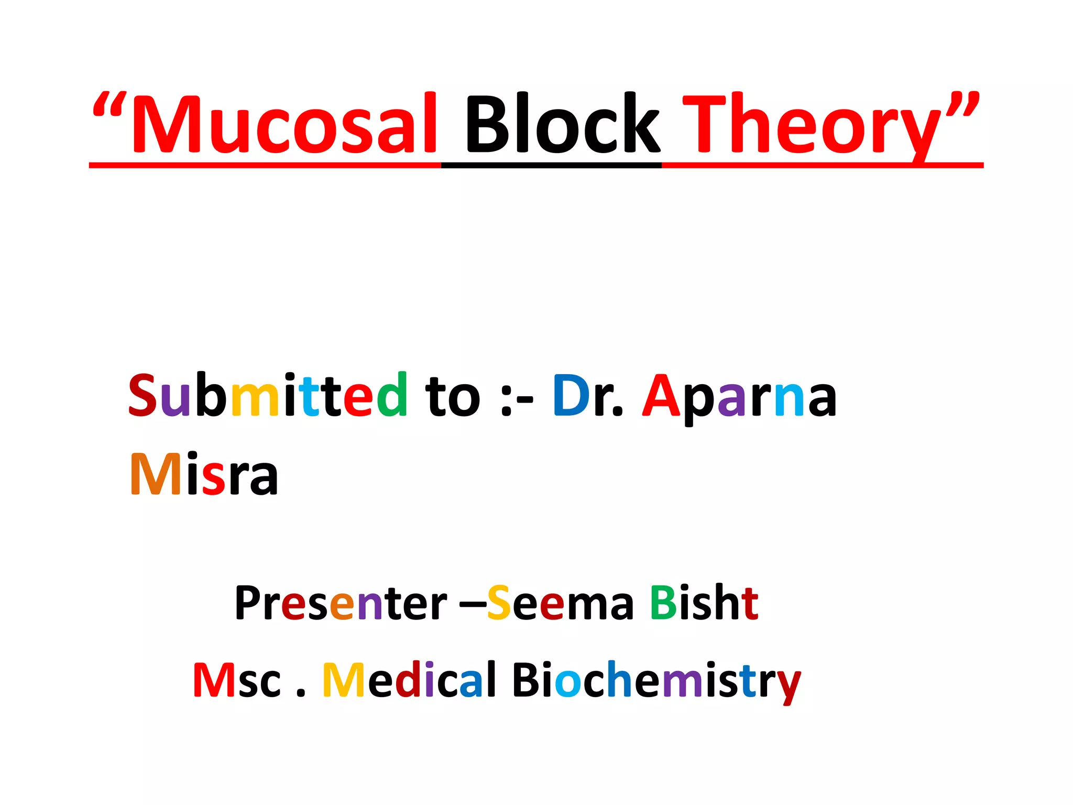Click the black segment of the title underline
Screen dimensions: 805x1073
click(x=551, y=166)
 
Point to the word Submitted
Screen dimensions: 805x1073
click(x=268, y=396)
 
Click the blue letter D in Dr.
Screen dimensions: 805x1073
click(x=571, y=396)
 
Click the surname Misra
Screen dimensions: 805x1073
click(x=204, y=474)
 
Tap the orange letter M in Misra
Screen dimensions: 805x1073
click(x=156, y=474)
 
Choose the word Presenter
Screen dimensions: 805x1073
click(x=341, y=603)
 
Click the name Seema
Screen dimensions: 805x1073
click(x=560, y=603)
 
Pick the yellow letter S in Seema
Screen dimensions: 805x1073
click(x=499, y=603)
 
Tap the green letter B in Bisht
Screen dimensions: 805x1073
click(x=663, y=603)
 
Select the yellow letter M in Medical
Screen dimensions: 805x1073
click(x=344, y=680)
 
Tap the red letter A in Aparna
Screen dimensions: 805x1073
click(x=661, y=396)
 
